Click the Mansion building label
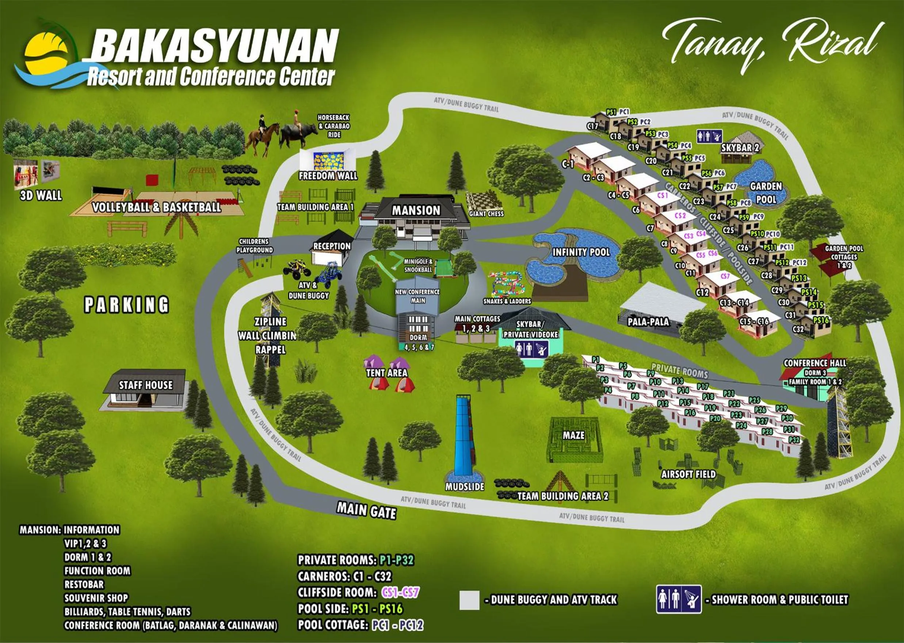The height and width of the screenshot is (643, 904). [x=416, y=210]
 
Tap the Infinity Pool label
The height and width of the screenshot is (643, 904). [x=581, y=252]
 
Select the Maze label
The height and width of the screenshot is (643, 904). [x=573, y=435]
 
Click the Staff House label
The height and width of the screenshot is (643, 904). [x=145, y=385]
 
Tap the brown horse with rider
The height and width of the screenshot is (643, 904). [x=262, y=136]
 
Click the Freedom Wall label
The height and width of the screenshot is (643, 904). [x=328, y=176]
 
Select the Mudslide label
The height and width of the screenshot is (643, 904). [x=465, y=486]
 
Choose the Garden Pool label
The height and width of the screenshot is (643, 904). [x=766, y=193]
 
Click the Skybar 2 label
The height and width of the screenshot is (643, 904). [x=740, y=148]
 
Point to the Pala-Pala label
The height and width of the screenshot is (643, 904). [x=648, y=322]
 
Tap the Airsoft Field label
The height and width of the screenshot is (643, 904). [x=689, y=474]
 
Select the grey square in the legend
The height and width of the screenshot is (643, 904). [x=469, y=600]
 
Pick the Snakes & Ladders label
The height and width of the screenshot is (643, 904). [x=507, y=301]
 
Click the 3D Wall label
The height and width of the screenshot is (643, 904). [x=41, y=196]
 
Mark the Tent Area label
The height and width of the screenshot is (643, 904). [x=386, y=373]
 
